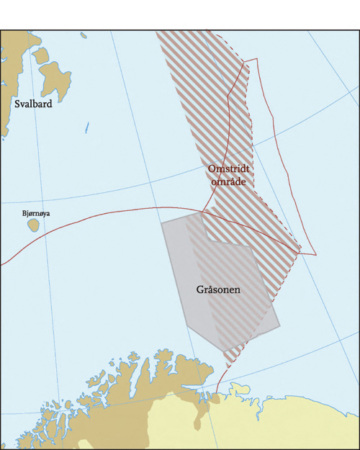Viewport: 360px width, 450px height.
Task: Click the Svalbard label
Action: click(33, 104)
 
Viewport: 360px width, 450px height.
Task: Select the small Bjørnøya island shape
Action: click(33, 225)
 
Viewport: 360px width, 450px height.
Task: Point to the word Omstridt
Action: click(228, 168)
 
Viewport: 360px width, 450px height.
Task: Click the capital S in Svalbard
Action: click(18, 104)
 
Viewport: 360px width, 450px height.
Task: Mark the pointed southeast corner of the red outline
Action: click(315, 254)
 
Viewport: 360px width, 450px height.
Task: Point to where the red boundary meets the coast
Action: click(217, 395)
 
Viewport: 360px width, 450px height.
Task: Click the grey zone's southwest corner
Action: click(186, 325)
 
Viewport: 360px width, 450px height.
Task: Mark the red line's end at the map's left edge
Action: click(1, 264)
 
